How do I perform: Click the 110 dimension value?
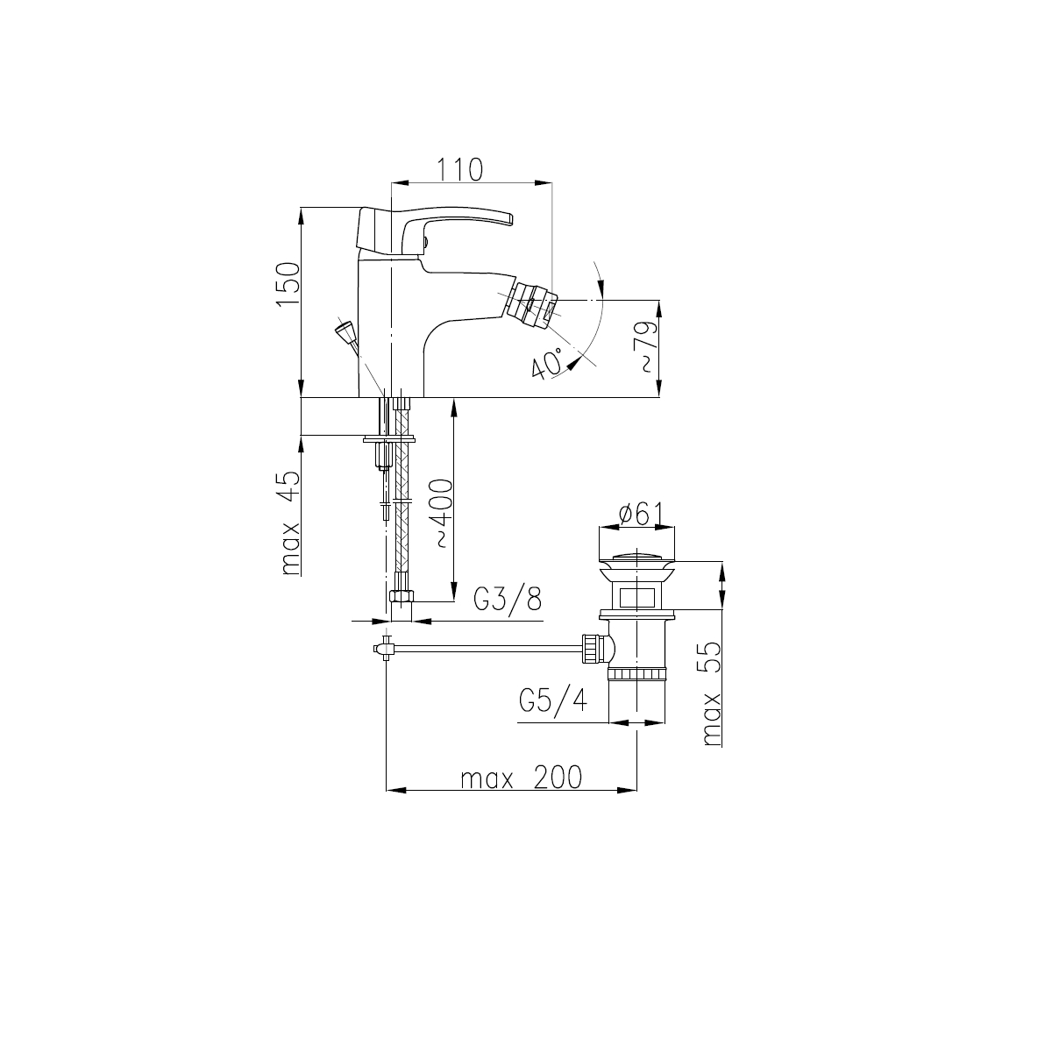click(459, 170)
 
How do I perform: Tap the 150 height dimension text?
click(288, 285)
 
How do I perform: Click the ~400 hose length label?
click(442, 513)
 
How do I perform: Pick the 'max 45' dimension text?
click(290, 523)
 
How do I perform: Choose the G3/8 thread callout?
click(508, 600)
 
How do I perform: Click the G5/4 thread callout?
click(553, 701)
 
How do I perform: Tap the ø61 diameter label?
click(640, 514)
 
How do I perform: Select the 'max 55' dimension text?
click(711, 693)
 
